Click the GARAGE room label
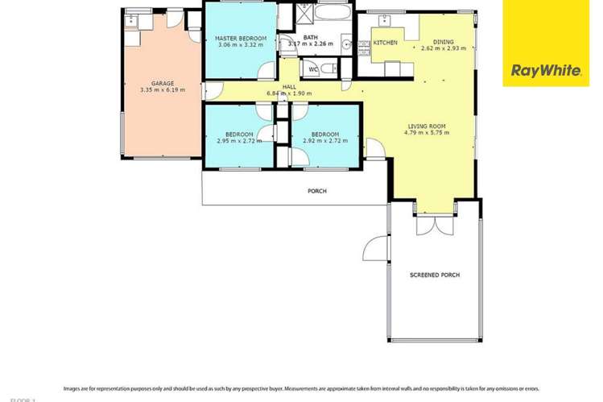coord(162,83)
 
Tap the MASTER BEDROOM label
coord(240,37)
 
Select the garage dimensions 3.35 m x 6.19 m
coord(162,90)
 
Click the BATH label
coord(310,37)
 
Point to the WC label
coord(313,69)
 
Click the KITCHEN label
coord(385,42)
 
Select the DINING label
coord(443,42)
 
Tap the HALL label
coord(288,87)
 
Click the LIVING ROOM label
coord(427,126)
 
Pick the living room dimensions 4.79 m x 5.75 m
coord(427,133)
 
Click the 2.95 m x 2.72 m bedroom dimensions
coord(239,141)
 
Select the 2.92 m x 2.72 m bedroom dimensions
coord(325,141)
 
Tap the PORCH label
coord(317,191)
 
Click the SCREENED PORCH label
coord(435,276)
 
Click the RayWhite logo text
coord(546,71)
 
